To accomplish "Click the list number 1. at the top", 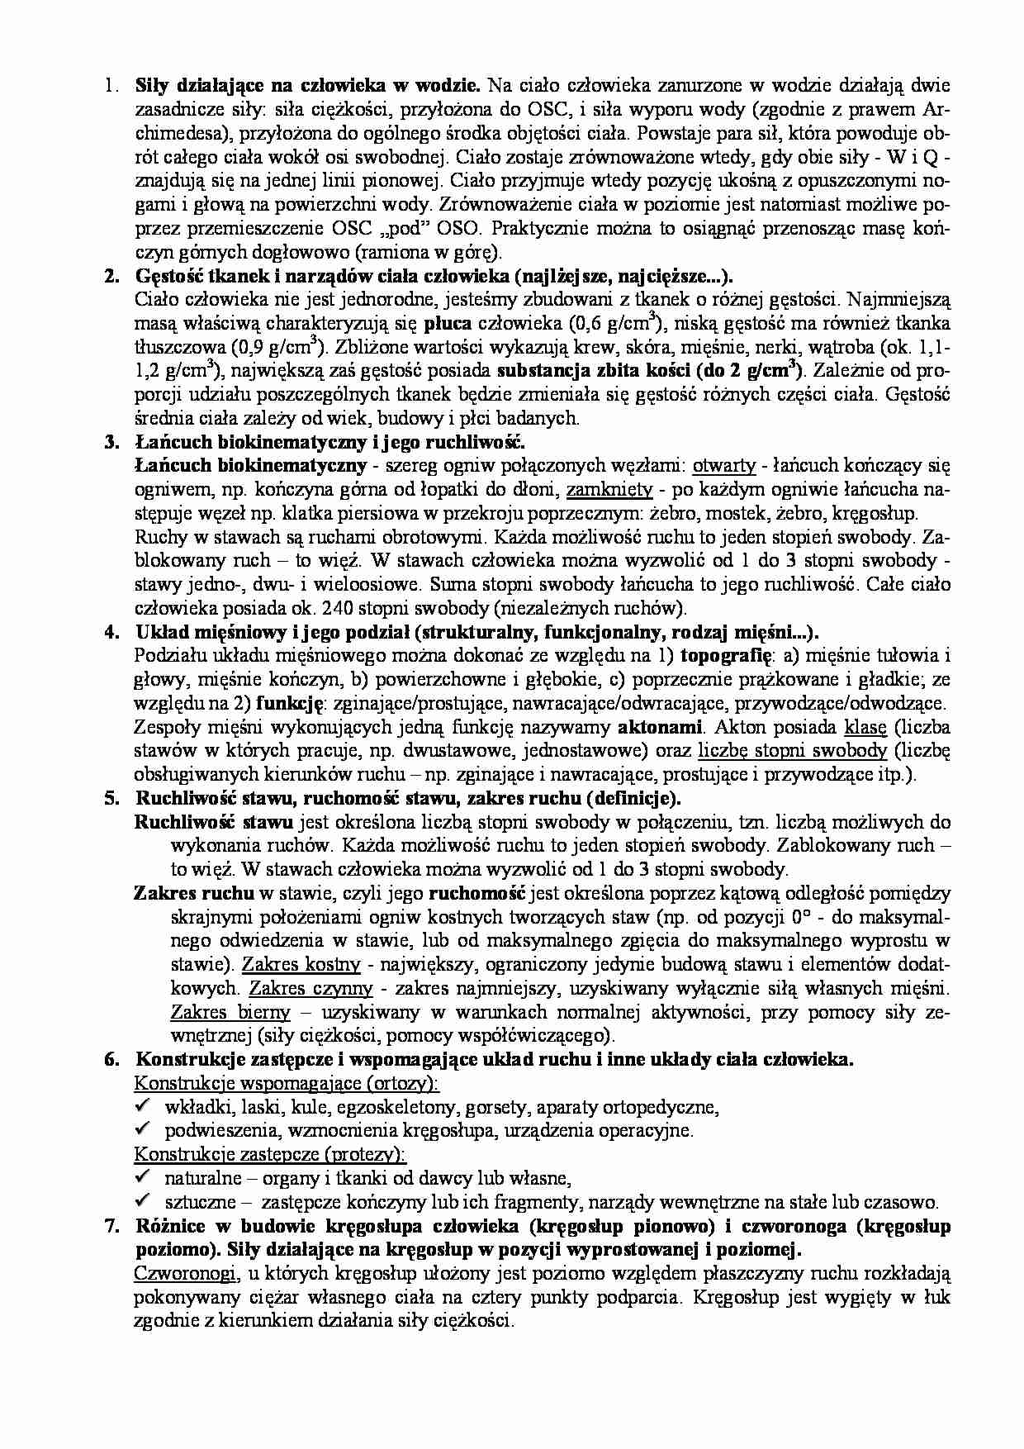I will (x=108, y=85).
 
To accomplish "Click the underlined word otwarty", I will (x=724, y=466).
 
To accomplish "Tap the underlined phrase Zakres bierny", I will (x=230, y=1012).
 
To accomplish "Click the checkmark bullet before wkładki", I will (x=143, y=1106).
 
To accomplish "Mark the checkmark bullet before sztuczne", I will (x=143, y=1201).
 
